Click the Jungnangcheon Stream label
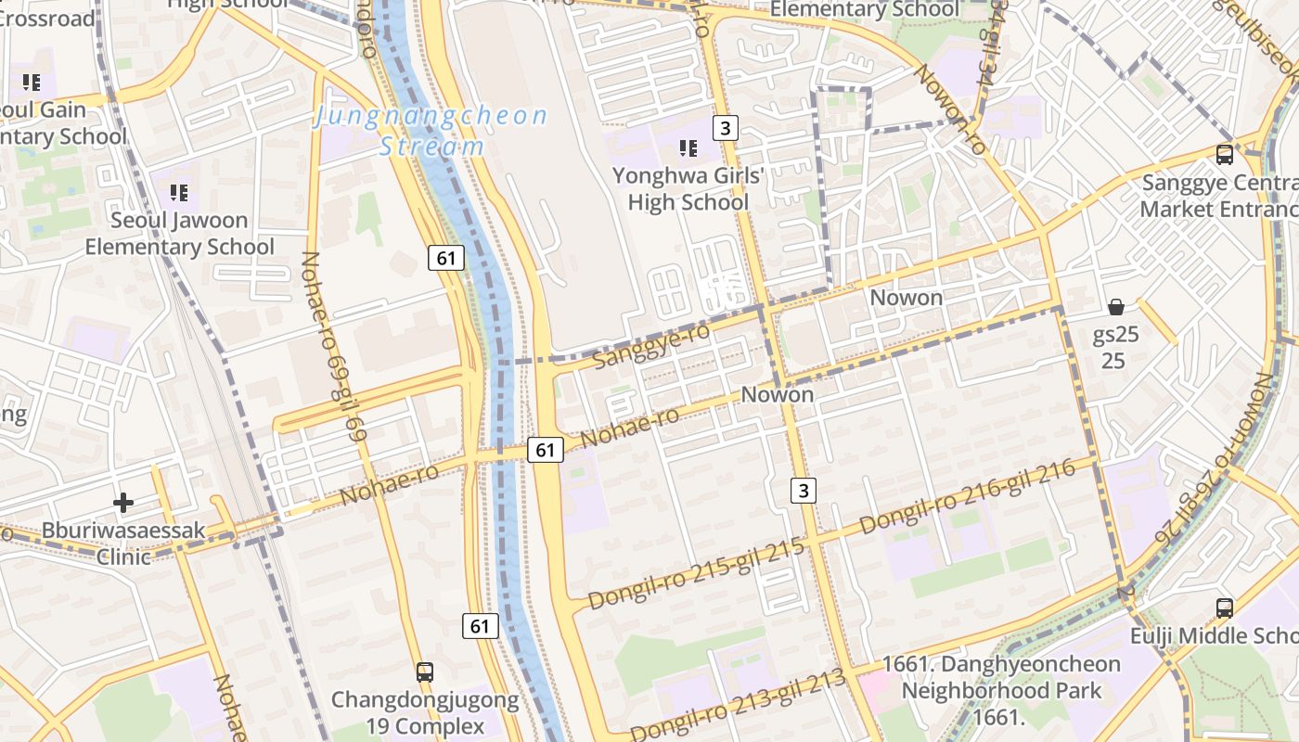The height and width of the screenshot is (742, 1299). [431, 131]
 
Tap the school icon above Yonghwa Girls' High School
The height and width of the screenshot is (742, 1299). [688, 147]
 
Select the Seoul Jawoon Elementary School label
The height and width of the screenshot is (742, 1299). [179, 234]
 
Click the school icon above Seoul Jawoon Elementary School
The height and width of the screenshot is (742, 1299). [179, 193]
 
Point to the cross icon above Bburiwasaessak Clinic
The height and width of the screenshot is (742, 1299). [123, 503]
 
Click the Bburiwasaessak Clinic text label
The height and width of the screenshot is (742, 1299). [123, 544]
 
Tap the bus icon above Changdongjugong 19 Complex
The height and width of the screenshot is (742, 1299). [424, 672]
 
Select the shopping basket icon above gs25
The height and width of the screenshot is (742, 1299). [1115, 306]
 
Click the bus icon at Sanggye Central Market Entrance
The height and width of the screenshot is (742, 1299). [1225, 154]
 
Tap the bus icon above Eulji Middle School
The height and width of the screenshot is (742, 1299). [1225, 608]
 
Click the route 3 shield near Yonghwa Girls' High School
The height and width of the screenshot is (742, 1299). [726, 128]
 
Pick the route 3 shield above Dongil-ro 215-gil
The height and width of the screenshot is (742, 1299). [804, 490]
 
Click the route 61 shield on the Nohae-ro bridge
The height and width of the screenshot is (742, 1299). [545, 451]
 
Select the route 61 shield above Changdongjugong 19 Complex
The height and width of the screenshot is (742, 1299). [480, 626]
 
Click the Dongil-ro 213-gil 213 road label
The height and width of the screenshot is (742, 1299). [739, 703]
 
